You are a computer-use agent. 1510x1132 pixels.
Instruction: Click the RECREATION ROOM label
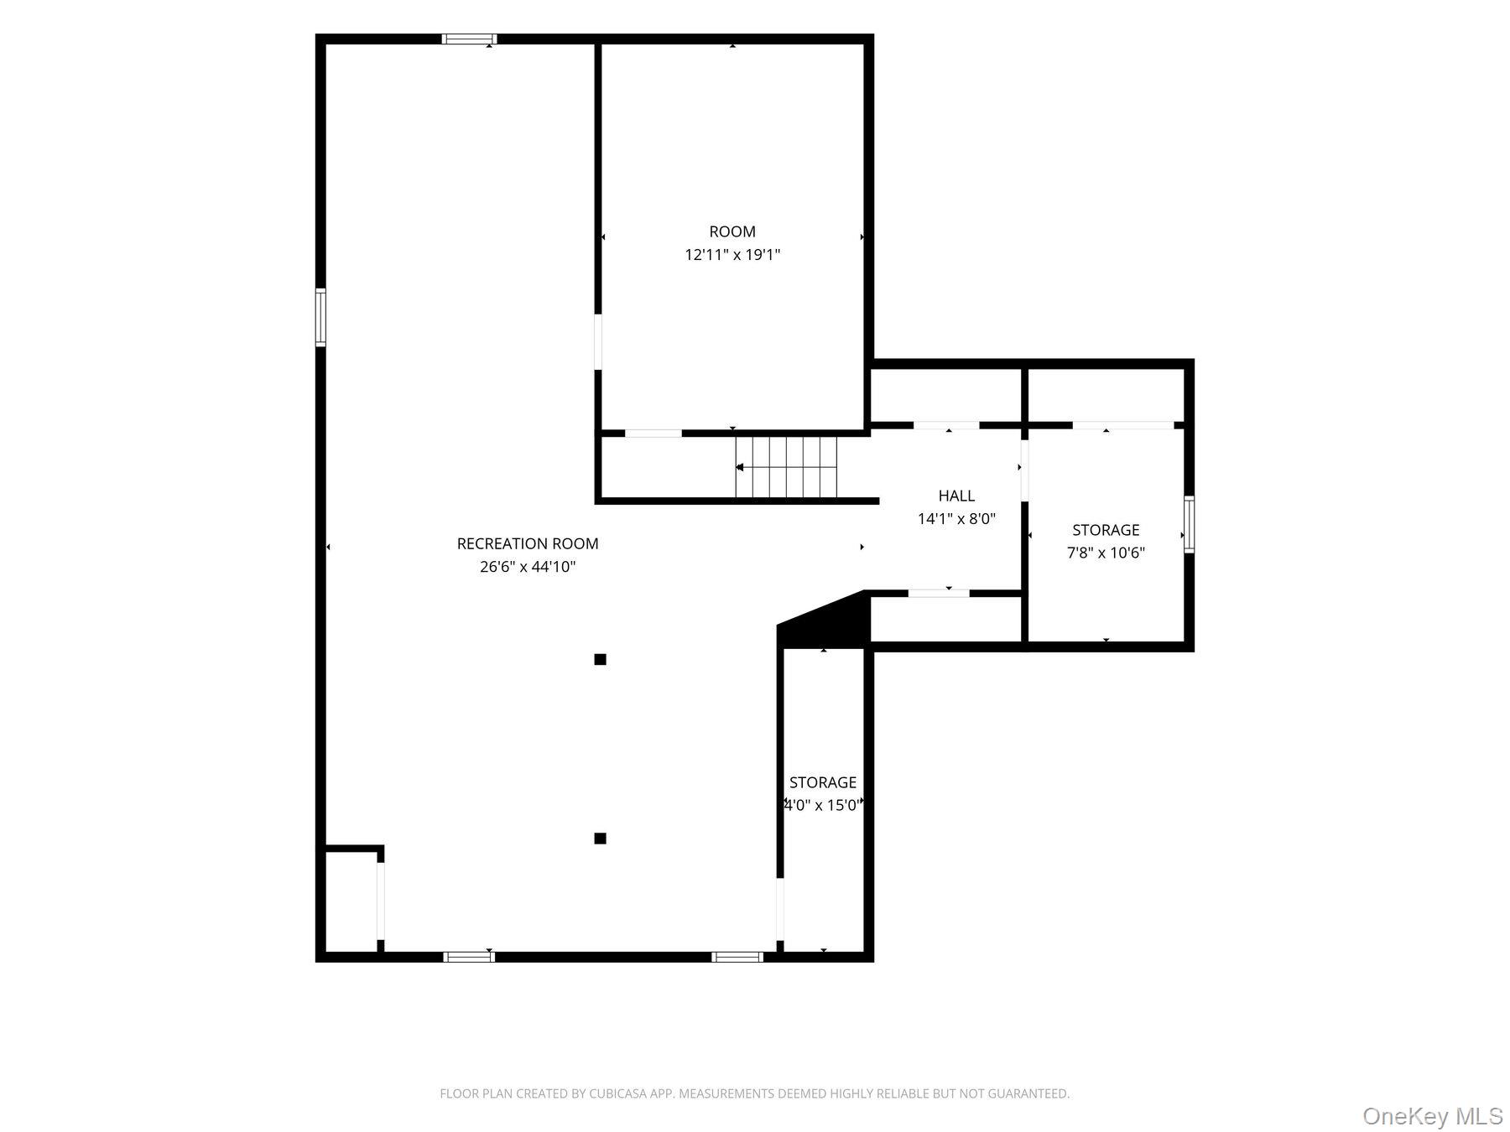[x=528, y=543]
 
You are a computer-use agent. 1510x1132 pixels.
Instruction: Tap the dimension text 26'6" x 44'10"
[x=528, y=567]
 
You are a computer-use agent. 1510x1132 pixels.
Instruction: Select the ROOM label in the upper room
[x=732, y=231]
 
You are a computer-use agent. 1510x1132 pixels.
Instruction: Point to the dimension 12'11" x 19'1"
[x=732, y=255]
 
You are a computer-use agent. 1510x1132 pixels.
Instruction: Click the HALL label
[x=956, y=496]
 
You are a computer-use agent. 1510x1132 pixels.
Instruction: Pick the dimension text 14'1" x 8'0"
[x=956, y=519]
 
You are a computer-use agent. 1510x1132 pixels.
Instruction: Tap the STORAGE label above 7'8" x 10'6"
[x=1106, y=530]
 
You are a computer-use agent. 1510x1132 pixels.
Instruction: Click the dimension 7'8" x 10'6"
[x=1106, y=553]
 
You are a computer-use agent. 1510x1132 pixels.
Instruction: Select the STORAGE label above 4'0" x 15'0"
[x=823, y=782]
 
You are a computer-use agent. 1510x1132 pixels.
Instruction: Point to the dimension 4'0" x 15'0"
[x=823, y=805]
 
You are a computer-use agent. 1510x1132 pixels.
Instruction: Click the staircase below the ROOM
[x=786, y=467]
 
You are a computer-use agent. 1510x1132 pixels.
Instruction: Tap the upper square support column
[x=600, y=659]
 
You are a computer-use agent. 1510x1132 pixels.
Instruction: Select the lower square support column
[x=600, y=839]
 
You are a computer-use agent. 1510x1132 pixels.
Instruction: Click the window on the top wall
[x=469, y=39]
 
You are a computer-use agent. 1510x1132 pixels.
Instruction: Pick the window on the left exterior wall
[x=320, y=317]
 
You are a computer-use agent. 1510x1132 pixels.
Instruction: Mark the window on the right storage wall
[x=1189, y=524]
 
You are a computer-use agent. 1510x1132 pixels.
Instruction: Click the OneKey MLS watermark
[x=1432, y=1116]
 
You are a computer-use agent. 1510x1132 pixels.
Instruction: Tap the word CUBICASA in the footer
[x=623, y=1093]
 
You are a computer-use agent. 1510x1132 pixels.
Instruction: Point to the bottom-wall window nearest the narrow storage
[x=737, y=957]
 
